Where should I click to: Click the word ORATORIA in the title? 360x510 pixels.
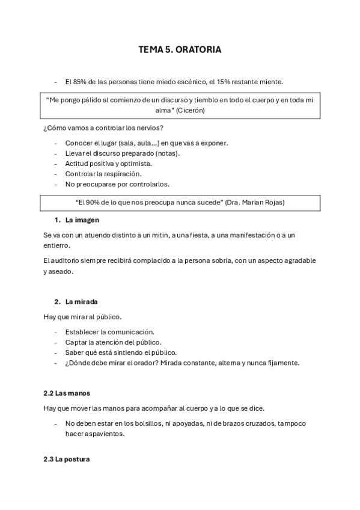(x=199, y=50)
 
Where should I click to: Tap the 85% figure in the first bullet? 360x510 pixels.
(x=81, y=82)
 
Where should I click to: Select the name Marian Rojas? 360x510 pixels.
(x=263, y=203)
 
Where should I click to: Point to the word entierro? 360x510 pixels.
(x=57, y=245)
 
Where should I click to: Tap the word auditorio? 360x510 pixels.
(x=67, y=260)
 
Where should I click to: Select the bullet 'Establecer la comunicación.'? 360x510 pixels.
(x=109, y=331)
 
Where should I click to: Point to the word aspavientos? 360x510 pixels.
(x=104, y=434)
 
